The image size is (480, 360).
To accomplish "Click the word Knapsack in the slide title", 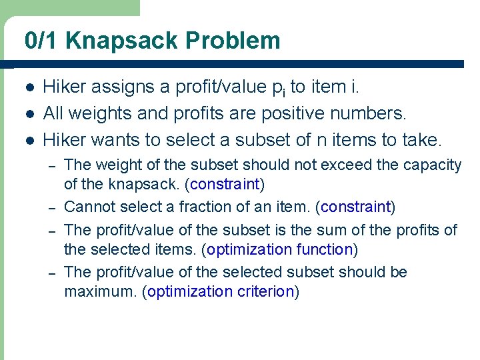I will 122,41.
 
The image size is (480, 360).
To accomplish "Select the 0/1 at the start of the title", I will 42,41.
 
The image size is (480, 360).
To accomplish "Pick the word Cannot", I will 88,207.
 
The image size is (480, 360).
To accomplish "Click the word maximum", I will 97,291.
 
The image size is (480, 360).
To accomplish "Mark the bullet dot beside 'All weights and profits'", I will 29,114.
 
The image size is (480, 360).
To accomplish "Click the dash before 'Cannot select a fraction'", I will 53,207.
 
